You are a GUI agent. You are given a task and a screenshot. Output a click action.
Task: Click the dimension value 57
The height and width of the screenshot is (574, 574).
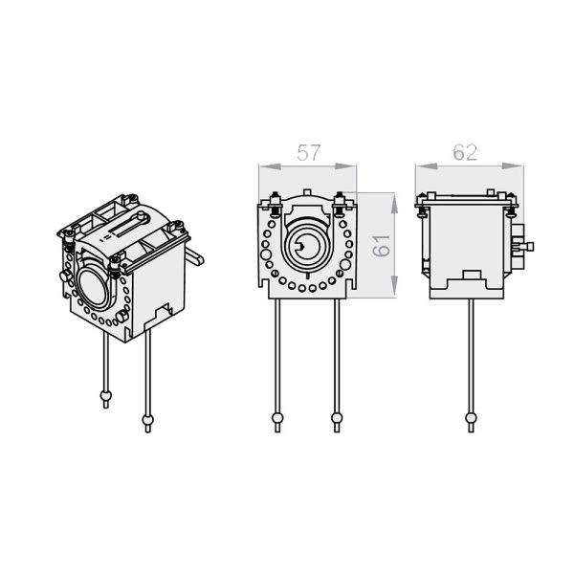click(x=309, y=153)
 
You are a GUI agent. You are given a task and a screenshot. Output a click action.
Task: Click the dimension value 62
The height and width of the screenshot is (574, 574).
click(x=465, y=152)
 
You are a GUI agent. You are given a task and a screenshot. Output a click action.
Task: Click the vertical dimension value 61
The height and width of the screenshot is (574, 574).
click(x=381, y=245)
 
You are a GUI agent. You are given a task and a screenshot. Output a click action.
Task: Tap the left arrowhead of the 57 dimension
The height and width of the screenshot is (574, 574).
click(x=270, y=166)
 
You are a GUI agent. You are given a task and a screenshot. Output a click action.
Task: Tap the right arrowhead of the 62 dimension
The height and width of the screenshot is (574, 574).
click(x=512, y=166)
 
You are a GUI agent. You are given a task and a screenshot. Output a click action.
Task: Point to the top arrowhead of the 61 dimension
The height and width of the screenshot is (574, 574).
click(x=394, y=204)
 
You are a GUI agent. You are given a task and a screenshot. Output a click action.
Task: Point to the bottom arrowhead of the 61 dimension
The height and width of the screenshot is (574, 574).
click(x=394, y=287)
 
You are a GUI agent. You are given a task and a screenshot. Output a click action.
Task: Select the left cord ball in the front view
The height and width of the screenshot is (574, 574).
click(x=277, y=418)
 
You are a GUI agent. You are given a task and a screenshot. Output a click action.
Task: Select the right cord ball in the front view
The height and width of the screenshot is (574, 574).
click(x=337, y=418)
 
